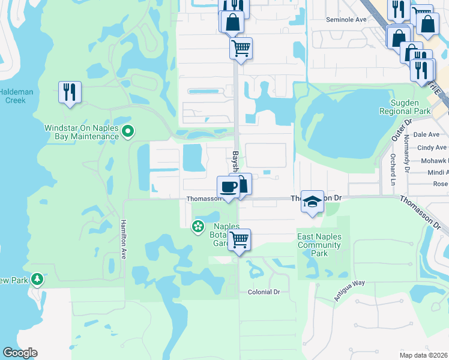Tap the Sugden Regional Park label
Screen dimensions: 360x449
(x=406, y=107)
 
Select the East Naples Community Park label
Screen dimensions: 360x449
(x=319, y=245)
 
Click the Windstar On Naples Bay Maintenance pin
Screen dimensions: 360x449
(x=127, y=131)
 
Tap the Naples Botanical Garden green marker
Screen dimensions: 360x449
(x=197, y=226)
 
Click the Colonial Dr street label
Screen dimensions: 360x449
(x=264, y=292)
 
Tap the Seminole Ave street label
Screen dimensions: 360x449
(x=346, y=19)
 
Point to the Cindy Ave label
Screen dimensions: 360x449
(x=432, y=147)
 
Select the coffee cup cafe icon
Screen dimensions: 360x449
(x=228, y=187)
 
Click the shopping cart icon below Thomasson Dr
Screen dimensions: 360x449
(x=240, y=240)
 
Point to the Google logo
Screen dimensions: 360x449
(x=20, y=353)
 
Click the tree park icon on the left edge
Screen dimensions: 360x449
(x=37, y=280)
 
